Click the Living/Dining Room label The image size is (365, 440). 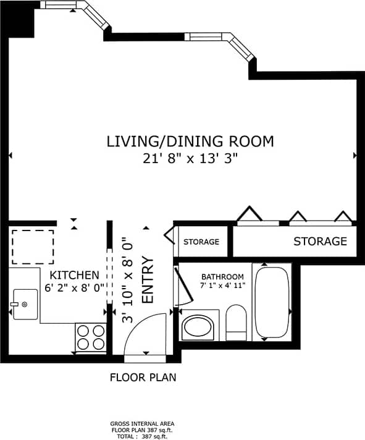pyautogui.click(x=190, y=142)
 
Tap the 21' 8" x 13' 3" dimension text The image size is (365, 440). pyautogui.click(x=190, y=159)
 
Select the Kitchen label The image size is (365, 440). pyautogui.click(x=74, y=275)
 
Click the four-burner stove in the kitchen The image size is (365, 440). pyautogui.click(x=91, y=337)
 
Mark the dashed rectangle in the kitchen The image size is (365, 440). pyautogui.click(x=33, y=245)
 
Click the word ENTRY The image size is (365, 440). pyautogui.click(x=148, y=280)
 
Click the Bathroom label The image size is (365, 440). pyautogui.click(x=222, y=276)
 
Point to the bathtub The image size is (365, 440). pyautogui.click(x=272, y=303)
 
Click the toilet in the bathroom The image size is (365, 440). pyautogui.click(x=236, y=323)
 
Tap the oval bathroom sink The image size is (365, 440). pyautogui.click(x=198, y=326)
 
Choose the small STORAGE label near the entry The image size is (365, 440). pyautogui.click(x=201, y=242)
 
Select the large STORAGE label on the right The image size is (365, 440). pyautogui.click(x=320, y=241)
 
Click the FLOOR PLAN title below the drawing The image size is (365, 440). pyautogui.click(x=143, y=377)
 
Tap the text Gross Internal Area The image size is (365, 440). pyautogui.click(x=143, y=425)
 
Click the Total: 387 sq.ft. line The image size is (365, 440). pyautogui.click(x=143, y=436)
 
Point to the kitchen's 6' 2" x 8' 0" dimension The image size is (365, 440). pyautogui.click(x=74, y=287)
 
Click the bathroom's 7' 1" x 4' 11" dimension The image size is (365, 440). pyautogui.click(x=222, y=286)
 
